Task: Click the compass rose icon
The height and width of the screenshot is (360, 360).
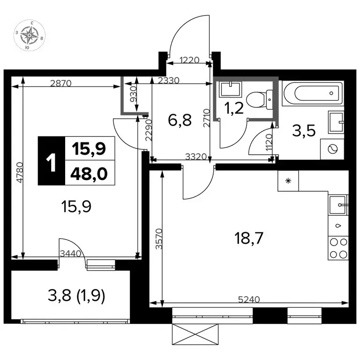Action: click(30, 35)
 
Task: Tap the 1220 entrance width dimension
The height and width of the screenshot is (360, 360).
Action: click(189, 60)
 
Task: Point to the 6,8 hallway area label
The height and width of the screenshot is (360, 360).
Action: click(180, 120)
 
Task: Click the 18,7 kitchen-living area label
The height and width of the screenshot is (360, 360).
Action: click(248, 238)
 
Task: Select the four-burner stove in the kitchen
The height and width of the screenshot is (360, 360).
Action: click(338, 248)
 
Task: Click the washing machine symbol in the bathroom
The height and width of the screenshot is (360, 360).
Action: click(332, 149)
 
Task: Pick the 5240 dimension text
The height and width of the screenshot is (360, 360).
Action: click(249, 299)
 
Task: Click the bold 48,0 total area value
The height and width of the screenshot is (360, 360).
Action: click(89, 174)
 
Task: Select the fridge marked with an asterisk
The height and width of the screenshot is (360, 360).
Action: click(288, 180)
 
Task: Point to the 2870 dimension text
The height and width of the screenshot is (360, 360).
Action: click(61, 83)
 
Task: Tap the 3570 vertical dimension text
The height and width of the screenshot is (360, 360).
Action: click(159, 239)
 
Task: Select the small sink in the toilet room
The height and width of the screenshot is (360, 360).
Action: click(231, 89)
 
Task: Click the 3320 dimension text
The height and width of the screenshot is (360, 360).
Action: click(196, 157)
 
